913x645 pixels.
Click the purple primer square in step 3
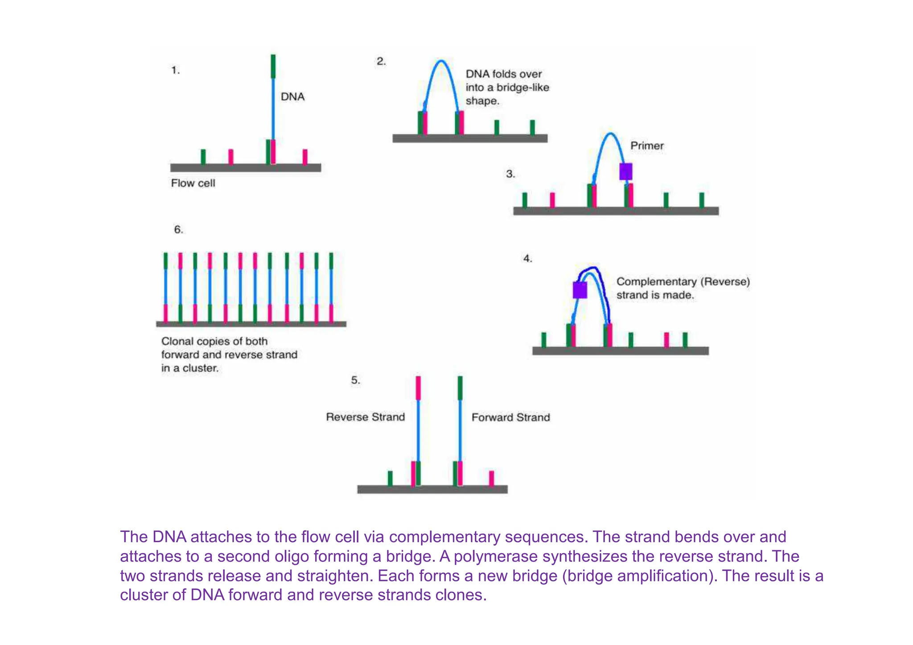tap(625, 171)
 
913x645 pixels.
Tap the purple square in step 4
tap(580, 290)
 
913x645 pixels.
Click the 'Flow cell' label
tap(193, 183)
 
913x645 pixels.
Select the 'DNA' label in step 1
tap(292, 97)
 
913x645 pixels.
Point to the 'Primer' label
tap(647, 146)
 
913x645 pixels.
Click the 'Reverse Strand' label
tap(365, 417)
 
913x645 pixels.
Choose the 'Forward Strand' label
tap(510, 417)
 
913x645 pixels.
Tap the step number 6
tap(178, 230)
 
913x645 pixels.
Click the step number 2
tap(381, 61)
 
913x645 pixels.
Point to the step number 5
tap(355, 380)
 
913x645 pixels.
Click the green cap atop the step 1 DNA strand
tap(273, 66)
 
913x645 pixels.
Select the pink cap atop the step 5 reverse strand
tap(418, 388)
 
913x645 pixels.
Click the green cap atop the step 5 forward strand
tap(460, 388)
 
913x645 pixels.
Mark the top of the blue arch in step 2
tap(441, 61)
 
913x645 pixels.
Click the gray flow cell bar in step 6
tap(251, 324)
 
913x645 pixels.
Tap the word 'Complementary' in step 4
tap(656, 282)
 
